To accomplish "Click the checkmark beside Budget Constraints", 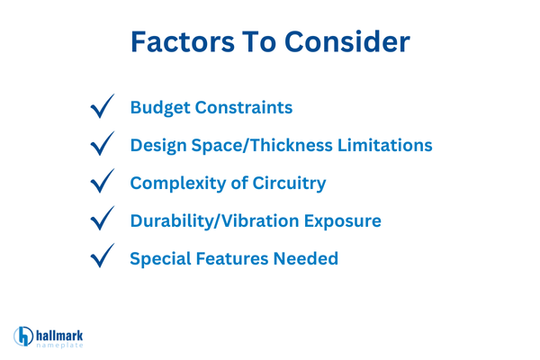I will click(x=104, y=107).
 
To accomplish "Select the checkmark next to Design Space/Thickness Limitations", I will click(x=104, y=144).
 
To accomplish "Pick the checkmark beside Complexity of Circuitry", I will click(x=104, y=183).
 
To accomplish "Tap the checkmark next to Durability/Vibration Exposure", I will click(x=104, y=220).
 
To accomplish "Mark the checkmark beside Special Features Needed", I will click(x=104, y=258).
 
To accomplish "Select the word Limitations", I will click(x=384, y=144).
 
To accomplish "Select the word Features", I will click(x=236, y=258).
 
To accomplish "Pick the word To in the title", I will click(x=265, y=42).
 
